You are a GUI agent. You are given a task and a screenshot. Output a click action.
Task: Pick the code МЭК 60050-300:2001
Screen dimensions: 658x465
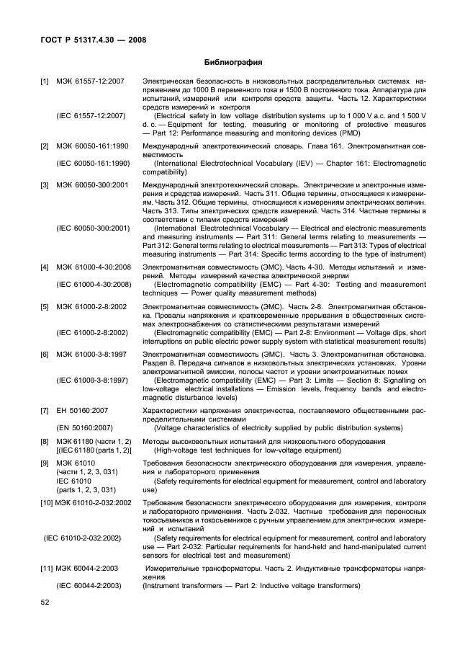coord(92,185)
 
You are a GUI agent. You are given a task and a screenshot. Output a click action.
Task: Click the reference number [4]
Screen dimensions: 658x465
coord(45,266)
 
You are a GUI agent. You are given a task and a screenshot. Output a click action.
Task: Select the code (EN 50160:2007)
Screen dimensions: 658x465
coord(83,428)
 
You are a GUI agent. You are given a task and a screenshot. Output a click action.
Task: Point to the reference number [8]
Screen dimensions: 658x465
coord(45,440)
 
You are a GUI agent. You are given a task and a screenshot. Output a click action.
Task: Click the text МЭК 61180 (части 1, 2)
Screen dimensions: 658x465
coord(94,440)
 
